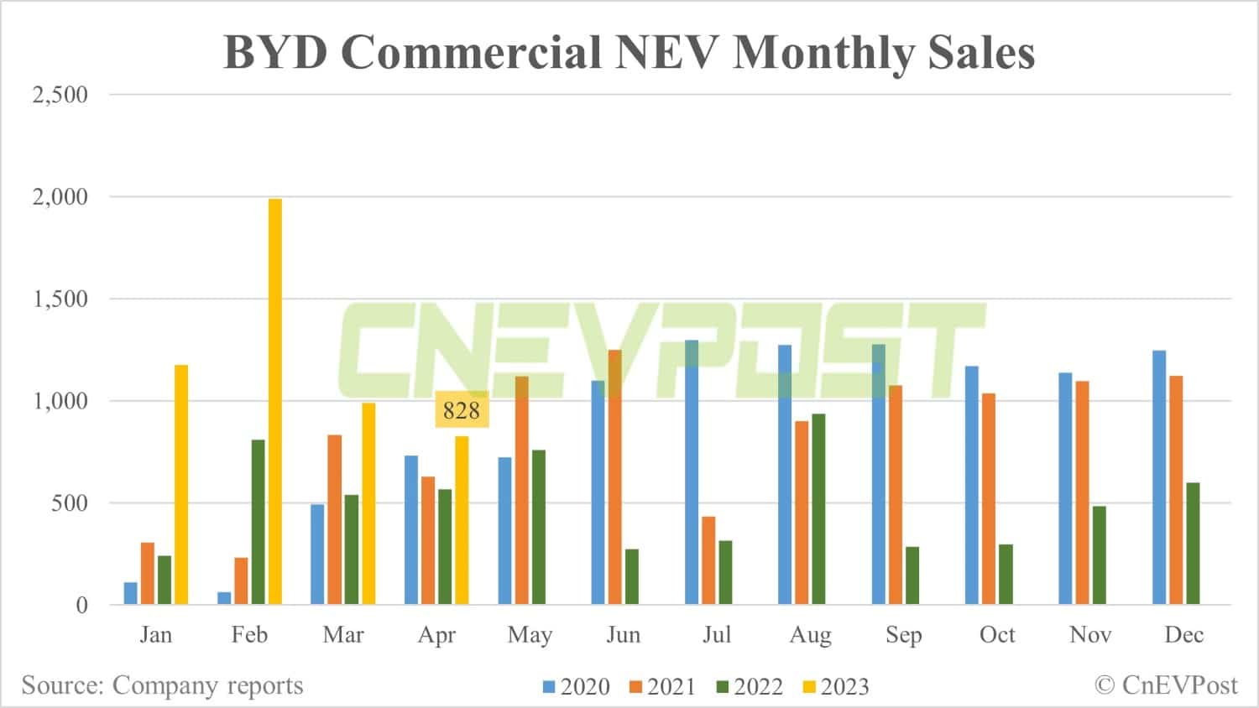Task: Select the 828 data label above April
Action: [x=462, y=410]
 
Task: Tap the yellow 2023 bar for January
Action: [x=181, y=484]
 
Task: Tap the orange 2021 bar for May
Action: [x=521, y=490]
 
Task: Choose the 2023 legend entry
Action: [x=836, y=686]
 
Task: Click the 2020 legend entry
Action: [x=577, y=686]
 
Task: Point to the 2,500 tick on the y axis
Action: [x=60, y=95]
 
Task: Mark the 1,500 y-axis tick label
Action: [x=60, y=299]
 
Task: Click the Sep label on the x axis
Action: [x=903, y=635]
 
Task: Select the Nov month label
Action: [x=1090, y=635]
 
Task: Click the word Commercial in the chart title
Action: [x=469, y=52]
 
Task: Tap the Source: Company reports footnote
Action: [x=162, y=685]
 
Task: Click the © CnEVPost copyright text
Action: [x=1166, y=685]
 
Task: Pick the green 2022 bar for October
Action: [x=1006, y=574]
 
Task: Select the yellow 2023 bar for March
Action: [x=368, y=503]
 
